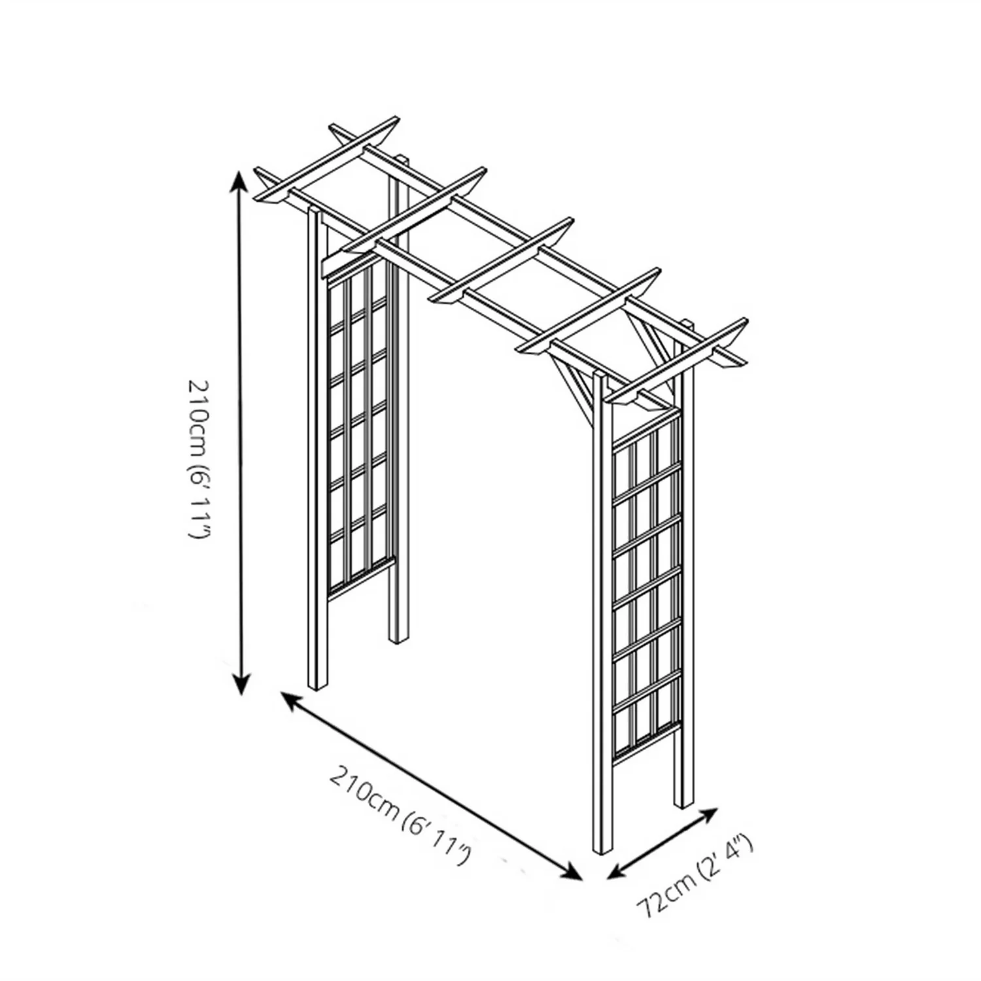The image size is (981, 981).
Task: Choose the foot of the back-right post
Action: [684, 801]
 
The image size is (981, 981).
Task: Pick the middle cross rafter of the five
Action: [504, 258]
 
